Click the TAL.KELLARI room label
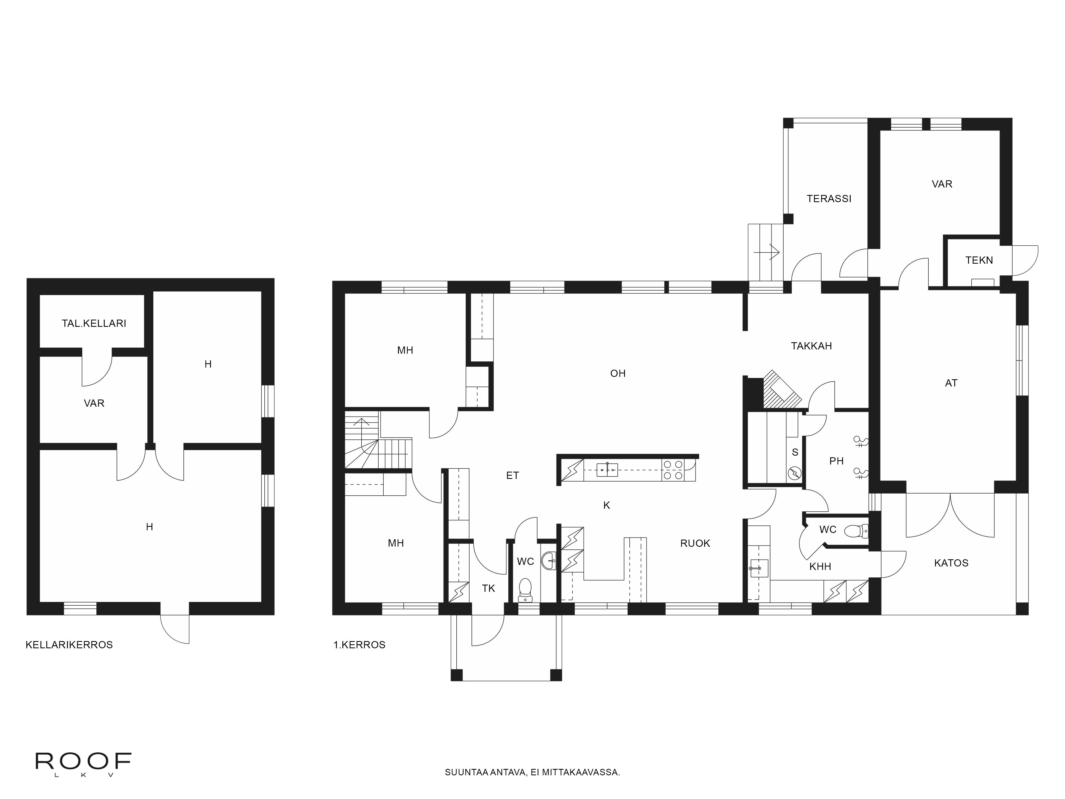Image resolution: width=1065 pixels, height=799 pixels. click(x=94, y=323)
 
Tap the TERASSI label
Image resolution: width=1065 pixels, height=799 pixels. click(x=829, y=198)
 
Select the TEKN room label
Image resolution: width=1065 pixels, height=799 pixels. click(x=979, y=260)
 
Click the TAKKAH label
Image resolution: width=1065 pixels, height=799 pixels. click(x=811, y=346)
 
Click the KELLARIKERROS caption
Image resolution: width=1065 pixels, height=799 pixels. click(x=69, y=645)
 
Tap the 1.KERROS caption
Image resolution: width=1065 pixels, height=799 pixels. click(x=359, y=645)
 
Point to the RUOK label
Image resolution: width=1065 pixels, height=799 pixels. click(x=695, y=543)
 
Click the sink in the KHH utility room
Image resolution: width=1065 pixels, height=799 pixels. click(x=758, y=568)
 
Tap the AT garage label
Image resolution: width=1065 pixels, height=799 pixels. click(x=951, y=383)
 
